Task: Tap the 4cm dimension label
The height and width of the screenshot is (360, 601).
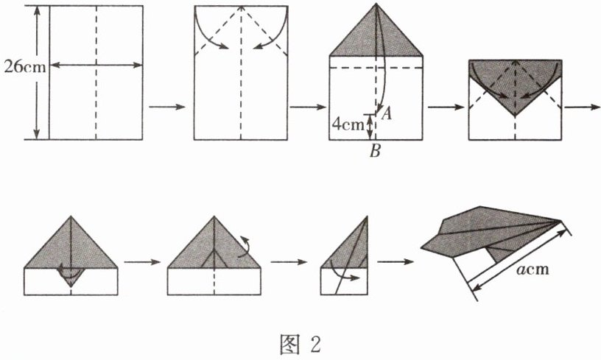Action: pos(346,123)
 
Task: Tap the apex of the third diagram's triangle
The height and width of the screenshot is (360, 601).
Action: pos(376,6)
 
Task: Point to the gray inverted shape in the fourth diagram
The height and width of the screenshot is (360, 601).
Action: pos(515,85)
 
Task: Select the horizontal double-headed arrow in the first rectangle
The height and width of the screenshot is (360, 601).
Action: pos(95,66)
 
